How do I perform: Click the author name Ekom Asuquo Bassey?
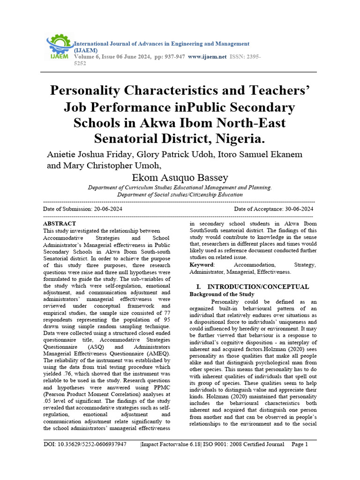(180, 177)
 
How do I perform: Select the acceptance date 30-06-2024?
(293, 209)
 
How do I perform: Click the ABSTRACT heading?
(59, 224)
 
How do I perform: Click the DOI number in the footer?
(85, 444)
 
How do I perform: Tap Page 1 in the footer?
(300, 444)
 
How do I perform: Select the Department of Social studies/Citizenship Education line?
(180, 194)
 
